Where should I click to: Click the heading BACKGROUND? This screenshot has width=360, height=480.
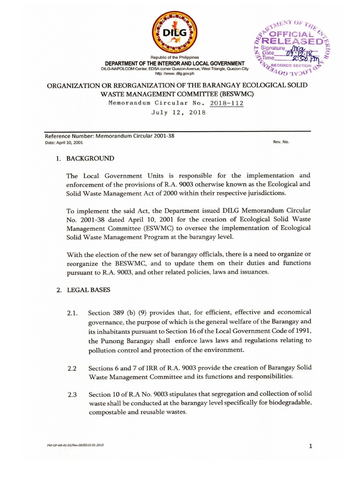(x=90, y=159)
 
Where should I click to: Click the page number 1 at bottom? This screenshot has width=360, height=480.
(x=310, y=446)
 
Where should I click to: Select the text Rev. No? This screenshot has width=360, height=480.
(x=281, y=142)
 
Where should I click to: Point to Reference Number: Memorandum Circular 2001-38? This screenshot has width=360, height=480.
(x=104, y=136)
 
